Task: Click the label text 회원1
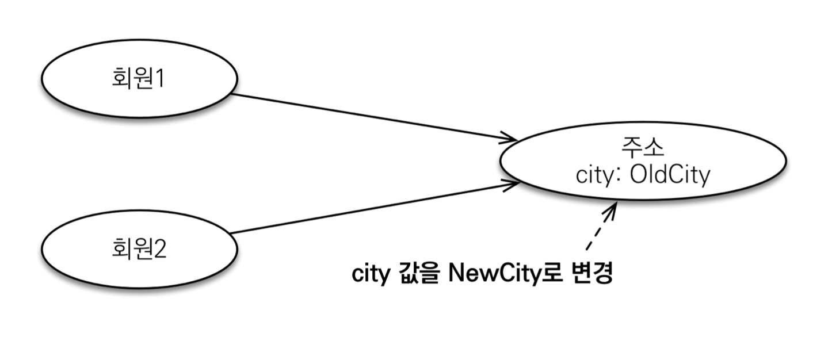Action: pos(138,78)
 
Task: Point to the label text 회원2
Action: pos(139,250)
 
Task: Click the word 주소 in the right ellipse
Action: pos(642,148)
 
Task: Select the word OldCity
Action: pos(670,174)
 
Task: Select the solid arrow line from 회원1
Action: pos(368,116)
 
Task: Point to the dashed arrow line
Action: pos(598,230)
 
